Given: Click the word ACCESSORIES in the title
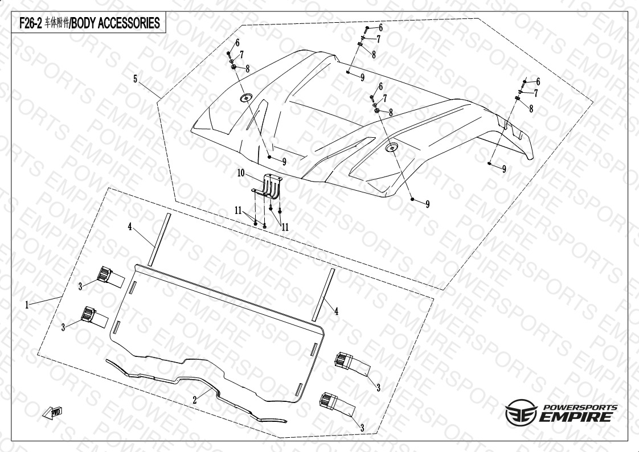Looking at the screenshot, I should (129, 23).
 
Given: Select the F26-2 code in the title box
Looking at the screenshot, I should (28, 23).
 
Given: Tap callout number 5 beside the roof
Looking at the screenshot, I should (136, 79).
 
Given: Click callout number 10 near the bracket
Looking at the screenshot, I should (241, 172).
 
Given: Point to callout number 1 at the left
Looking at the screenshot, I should (27, 305).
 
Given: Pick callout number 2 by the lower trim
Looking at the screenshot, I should (195, 400).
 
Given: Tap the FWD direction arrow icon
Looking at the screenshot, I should (53, 412).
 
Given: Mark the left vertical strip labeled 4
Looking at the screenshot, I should (159, 239).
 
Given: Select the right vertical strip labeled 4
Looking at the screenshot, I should (322, 295).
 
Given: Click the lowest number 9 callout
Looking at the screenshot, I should (427, 204).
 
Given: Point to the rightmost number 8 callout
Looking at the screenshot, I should (531, 109).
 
